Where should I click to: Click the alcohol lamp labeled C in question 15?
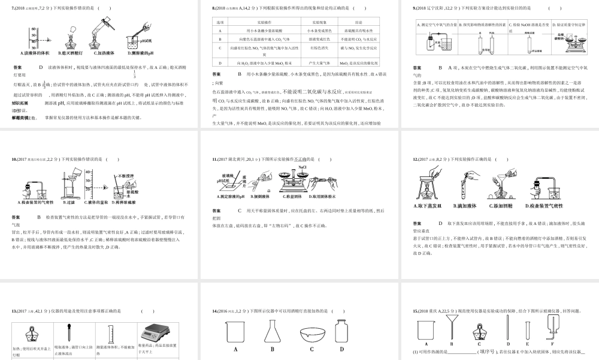pyautogui.click(x=478, y=331)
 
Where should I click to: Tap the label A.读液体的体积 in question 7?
pyautogui.click(x=35, y=52)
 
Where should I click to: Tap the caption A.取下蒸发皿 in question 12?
pyautogui.click(x=428, y=206)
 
